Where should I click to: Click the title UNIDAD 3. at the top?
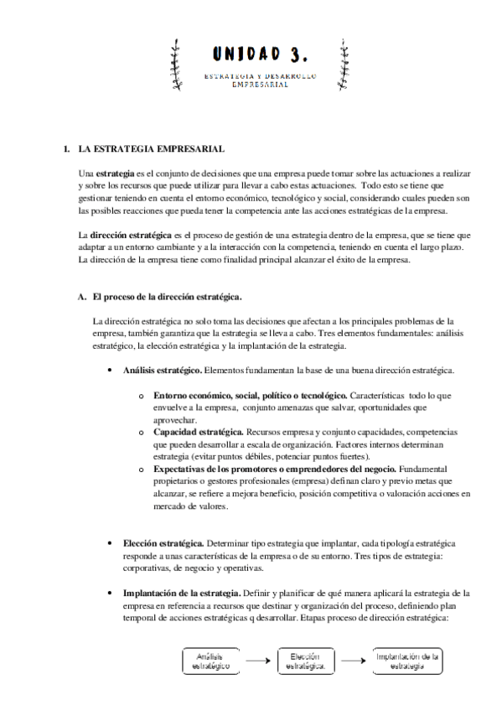click(x=260, y=56)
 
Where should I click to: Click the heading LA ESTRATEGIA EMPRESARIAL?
click(x=127, y=149)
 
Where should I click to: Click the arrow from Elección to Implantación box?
click(x=352, y=660)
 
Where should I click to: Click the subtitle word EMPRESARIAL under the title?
click(x=260, y=85)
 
